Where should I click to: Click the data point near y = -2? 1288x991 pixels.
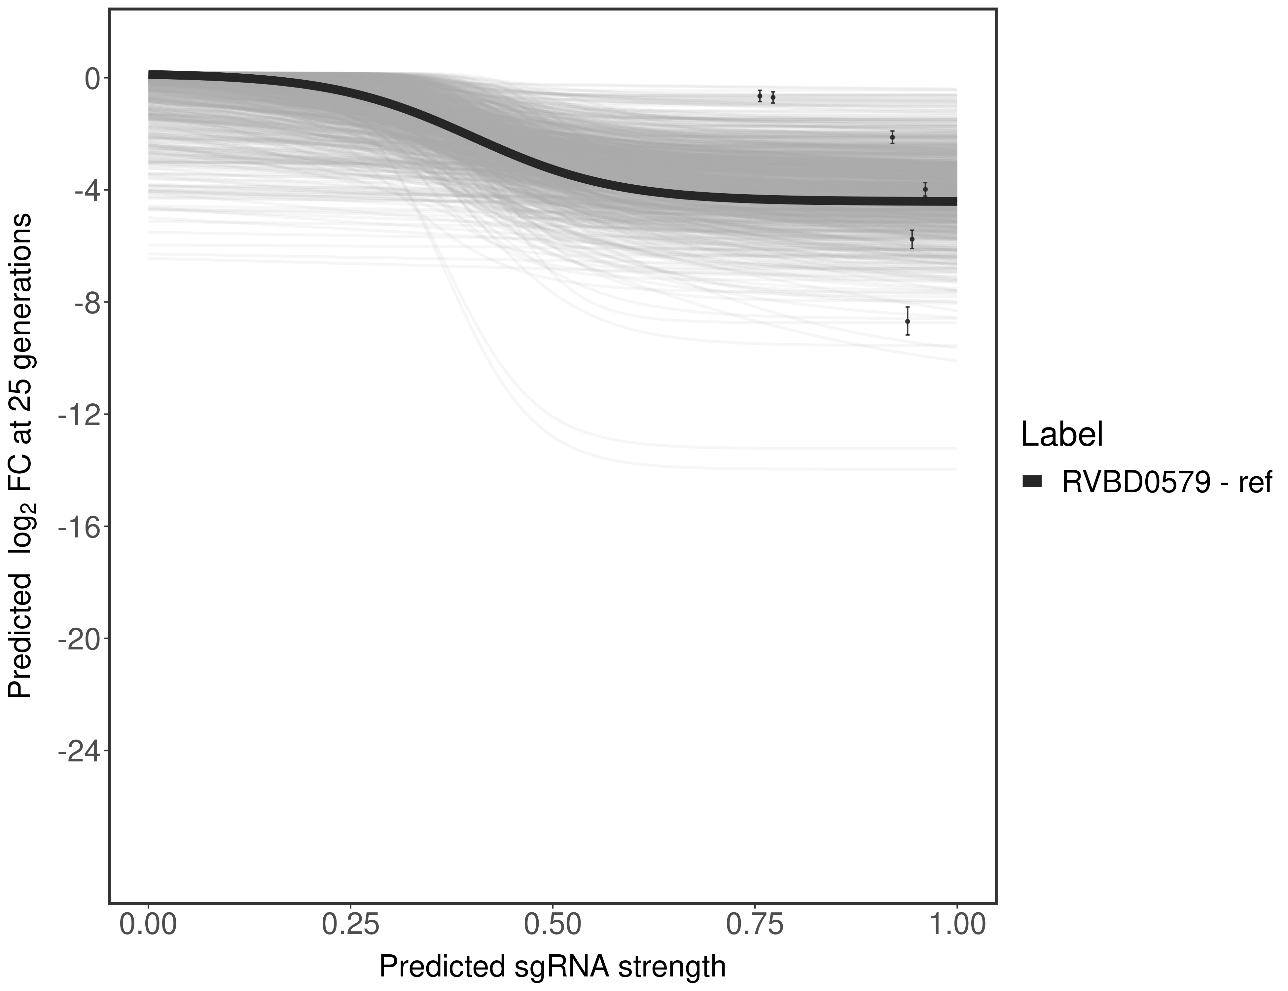coord(892,137)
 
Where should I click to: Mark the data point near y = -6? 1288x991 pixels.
coord(912,239)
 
